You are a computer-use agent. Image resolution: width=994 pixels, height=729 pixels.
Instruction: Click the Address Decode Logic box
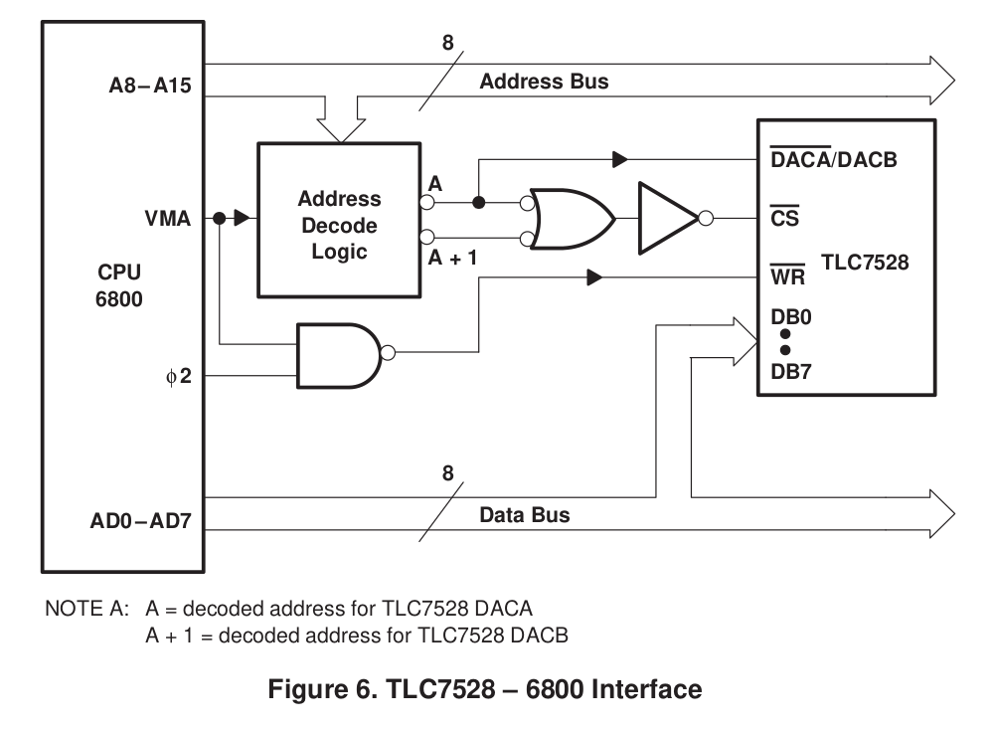[339, 220]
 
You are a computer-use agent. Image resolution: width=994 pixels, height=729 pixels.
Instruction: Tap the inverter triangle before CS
[671, 218]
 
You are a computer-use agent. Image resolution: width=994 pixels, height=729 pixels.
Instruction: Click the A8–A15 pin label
[149, 87]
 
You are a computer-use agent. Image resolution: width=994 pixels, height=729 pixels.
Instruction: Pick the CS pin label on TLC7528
[784, 218]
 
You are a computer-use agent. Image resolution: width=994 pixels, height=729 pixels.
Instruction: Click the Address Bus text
[544, 82]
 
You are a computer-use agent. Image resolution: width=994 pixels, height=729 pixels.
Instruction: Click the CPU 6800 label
[119, 283]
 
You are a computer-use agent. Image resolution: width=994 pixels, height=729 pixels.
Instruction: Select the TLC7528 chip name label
[865, 264]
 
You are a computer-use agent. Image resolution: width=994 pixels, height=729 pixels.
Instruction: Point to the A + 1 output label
[452, 258]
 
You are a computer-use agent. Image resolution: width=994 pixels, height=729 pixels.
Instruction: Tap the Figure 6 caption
[486, 688]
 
